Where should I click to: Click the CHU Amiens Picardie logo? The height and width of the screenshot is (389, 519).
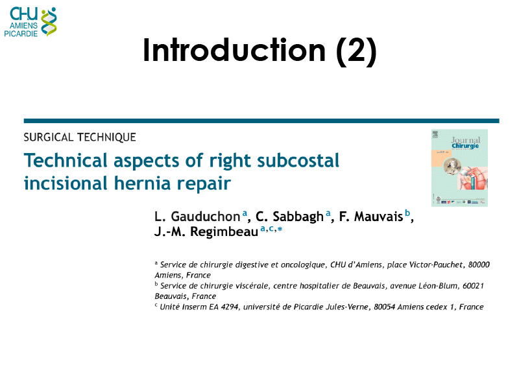[30, 22]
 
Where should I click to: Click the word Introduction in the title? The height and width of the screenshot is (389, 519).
[234, 50]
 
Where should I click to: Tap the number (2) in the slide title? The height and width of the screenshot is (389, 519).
[356, 51]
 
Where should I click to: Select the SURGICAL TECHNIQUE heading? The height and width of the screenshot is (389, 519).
[80, 137]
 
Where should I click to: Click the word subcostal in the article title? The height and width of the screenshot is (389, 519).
[298, 160]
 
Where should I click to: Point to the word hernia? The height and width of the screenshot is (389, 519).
[141, 183]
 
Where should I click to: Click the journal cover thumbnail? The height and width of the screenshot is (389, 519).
[459, 168]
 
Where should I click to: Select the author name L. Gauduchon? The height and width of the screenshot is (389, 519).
[197, 217]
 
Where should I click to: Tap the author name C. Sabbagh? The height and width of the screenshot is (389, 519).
[289, 217]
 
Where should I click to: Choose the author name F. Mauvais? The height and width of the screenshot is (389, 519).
[370, 217]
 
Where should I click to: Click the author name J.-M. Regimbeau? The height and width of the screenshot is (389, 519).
[206, 231]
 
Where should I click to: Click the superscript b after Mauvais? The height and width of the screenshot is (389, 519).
[407, 213]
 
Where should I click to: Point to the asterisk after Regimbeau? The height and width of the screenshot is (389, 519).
[280, 229]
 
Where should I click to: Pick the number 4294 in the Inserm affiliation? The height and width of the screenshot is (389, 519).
[230, 307]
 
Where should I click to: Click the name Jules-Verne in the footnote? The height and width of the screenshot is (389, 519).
[347, 307]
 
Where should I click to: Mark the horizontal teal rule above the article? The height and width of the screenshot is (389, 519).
[261, 121]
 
